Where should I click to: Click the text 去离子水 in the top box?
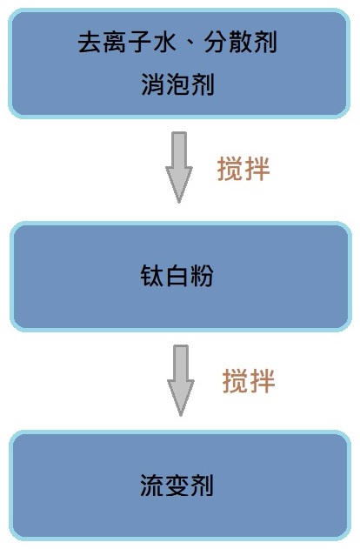127,42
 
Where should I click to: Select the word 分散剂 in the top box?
241,42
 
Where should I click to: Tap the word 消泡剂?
177,84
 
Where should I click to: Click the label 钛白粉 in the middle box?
177,276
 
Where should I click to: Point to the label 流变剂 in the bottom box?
177,485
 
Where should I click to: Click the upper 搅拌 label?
243,169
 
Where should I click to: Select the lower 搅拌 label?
249,380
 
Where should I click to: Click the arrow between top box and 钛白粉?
179,167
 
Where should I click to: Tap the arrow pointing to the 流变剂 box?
181,380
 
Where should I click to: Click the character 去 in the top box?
90,42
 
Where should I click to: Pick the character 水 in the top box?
164,42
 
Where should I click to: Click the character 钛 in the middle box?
152,276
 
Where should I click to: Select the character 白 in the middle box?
177,276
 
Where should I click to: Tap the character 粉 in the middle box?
202,276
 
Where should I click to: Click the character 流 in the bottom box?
152,485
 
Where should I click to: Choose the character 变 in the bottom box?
177,485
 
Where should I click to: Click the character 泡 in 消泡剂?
177,84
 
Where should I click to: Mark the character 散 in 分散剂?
241,42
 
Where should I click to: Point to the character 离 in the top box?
115,42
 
